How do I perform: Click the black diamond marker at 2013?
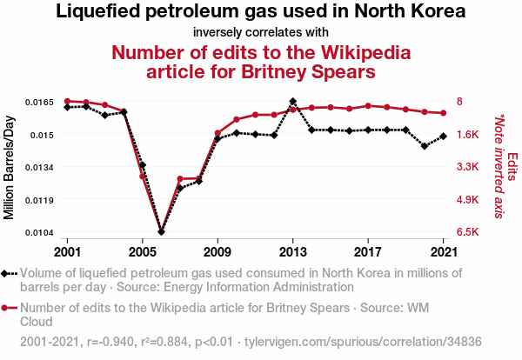coord(293,102)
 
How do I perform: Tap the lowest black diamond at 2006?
coord(161,231)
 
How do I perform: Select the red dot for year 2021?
coord(444,113)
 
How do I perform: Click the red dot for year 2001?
coord(67,102)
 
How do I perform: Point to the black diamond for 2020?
coord(425,146)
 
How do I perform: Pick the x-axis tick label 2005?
coord(143,252)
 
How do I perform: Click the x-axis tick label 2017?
coord(368,252)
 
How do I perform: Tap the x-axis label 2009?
coord(217,252)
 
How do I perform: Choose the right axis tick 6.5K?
coord(469,232)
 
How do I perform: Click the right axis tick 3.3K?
coord(469,167)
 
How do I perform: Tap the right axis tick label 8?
coord(461,102)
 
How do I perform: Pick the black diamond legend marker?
coord(9,273)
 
